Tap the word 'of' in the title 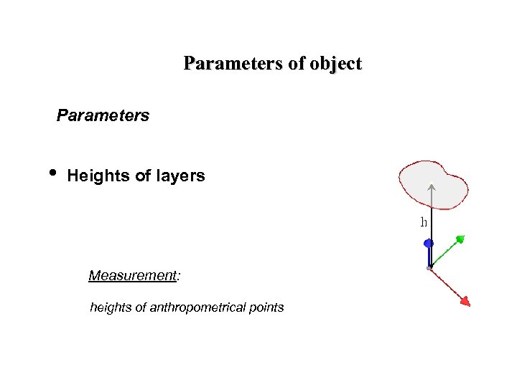(x=297, y=64)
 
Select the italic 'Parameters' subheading (x=103, y=115)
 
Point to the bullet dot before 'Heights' (x=53, y=174)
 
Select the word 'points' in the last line (x=266, y=307)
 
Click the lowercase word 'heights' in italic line (x=111, y=307)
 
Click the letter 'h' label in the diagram (x=424, y=222)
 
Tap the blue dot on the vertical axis (x=429, y=244)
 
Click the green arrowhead (x=460, y=238)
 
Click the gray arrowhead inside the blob (x=431, y=188)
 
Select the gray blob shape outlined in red (x=449, y=183)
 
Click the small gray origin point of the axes (x=429, y=268)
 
